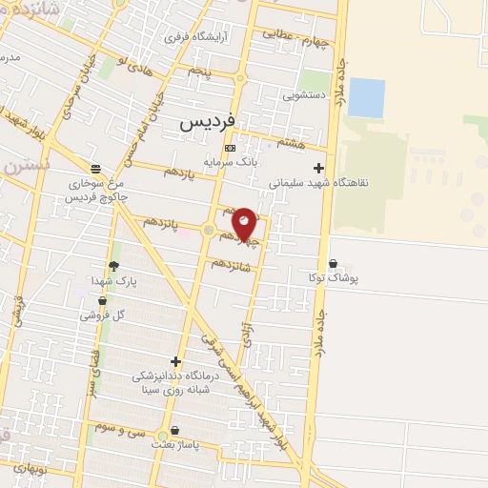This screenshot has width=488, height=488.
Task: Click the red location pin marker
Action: click(x=245, y=223)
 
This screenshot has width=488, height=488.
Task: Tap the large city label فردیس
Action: click(x=207, y=123)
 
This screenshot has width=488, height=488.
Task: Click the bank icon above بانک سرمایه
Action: click(x=229, y=149)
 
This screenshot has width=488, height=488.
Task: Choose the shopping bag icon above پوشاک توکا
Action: click(x=332, y=263)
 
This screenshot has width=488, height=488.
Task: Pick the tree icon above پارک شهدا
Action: click(x=114, y=266)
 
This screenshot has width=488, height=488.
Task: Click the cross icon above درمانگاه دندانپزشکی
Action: click(x=174, y=361)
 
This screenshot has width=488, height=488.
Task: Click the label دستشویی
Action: click(x=306, y=96)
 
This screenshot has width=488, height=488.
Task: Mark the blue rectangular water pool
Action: click(x=367, y=98)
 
